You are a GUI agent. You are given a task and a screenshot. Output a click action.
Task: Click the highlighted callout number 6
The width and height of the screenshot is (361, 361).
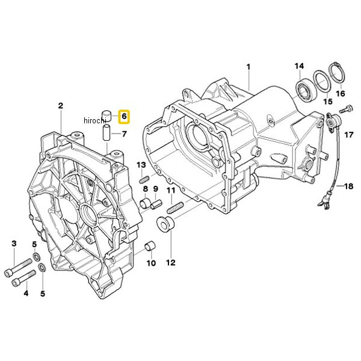click(x=124, y=117)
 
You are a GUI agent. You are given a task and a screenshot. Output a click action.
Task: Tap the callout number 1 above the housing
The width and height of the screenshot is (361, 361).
click(x=248, y=67)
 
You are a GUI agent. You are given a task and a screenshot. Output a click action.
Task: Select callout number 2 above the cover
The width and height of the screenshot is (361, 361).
click(x=61, y=106)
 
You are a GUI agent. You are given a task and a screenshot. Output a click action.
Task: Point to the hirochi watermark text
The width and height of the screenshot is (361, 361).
click(x=95, y=120)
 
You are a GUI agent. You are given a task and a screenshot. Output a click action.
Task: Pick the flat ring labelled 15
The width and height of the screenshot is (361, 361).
click(x=322, y=81)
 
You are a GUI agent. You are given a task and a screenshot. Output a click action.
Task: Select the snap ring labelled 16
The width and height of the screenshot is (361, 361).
click(x=338, y=75)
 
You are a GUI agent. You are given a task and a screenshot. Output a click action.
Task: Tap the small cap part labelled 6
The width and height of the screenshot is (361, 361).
click(x=106, y=116)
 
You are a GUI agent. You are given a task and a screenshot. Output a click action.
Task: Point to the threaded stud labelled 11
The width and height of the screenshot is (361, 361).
click(x=175, y=207)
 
